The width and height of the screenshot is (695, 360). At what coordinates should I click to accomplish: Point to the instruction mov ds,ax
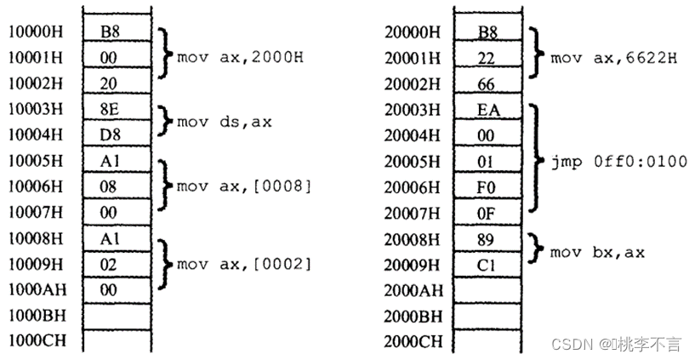pyautogui.click(x=224, y=122)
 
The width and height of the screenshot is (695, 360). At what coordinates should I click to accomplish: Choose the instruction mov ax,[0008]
pyautogui.click(x=243, y=186)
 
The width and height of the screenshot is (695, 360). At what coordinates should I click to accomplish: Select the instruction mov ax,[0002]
pyautogui.click(x=243, y=264)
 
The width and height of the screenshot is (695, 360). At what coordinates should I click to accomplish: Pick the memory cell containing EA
pyautogui.click(x=487, y=110)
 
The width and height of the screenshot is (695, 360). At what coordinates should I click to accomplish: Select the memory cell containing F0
pyautogui.click(x=487, y=186)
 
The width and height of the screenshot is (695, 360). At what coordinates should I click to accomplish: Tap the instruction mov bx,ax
pyautogui.click(x=597, y=252)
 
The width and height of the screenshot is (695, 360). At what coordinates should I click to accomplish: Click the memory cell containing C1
pyautogui.click(x=487, y=264)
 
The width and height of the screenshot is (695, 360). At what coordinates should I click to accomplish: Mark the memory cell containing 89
pyautogui.click(x=487, y=238)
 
